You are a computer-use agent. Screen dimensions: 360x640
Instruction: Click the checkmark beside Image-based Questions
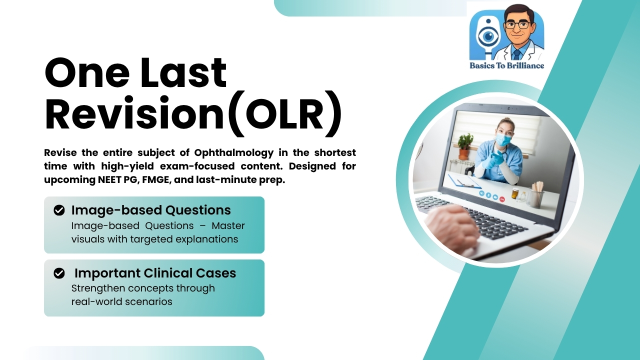pos(59,210)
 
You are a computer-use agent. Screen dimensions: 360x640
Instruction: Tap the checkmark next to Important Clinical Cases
pos(59,273)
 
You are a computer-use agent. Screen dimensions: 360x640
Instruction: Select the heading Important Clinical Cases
pos(155,273)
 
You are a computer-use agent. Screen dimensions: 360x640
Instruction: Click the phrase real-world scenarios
pos(121,301)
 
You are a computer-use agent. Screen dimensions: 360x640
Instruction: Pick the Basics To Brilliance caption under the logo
pos(506,65)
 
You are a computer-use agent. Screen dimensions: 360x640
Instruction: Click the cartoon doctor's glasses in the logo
pos(517,25)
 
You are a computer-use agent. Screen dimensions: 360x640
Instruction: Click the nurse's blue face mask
pos(503,140)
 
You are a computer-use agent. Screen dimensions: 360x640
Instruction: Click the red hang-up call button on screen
pos(502,198)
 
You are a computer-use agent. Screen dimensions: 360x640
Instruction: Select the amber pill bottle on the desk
pos(515,194)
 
